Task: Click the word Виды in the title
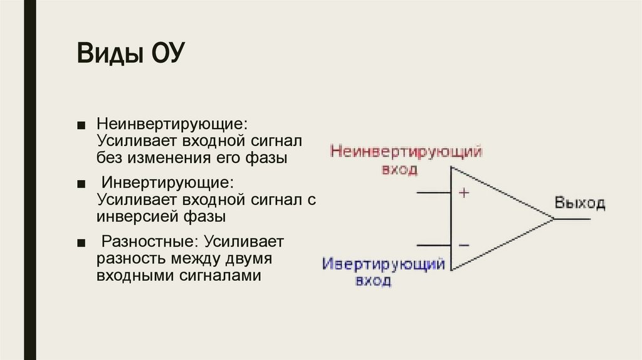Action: [x=109, y=53]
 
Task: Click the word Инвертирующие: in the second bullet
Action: [x=167, y=183]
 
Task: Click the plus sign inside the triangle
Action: [x=463, y=193]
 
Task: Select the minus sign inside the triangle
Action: [x=463, y=245]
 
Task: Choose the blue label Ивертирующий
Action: [x=384, y=263]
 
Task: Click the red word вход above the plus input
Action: [x=399, y=169]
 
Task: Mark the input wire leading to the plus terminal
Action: [x=433, y=193]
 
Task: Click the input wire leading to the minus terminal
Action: [x=433, y=245]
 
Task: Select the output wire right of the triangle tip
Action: [x=572, y=219]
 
